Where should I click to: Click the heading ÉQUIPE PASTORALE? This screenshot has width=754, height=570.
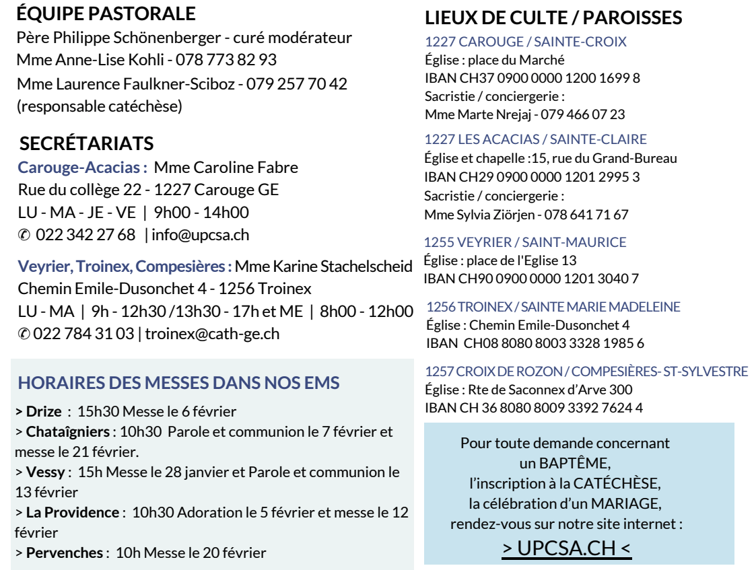coord(106,13)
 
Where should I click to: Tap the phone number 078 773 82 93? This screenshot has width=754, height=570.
coord(226,60)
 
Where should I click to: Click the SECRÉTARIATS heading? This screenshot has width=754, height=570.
coord(87,143)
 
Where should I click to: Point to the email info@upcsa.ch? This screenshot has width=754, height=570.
coord(201,235)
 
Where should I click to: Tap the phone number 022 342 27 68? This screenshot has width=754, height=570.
coord(85,235)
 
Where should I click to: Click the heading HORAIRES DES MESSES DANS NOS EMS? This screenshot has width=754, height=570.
coord(178,384)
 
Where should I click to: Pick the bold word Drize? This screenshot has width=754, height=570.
coord(44,411)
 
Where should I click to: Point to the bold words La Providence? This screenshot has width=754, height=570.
coord(72,512)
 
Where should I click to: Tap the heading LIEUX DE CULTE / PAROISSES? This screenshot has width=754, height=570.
coord(553,17)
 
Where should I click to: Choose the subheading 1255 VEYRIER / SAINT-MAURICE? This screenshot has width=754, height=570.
coord(524,242)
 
